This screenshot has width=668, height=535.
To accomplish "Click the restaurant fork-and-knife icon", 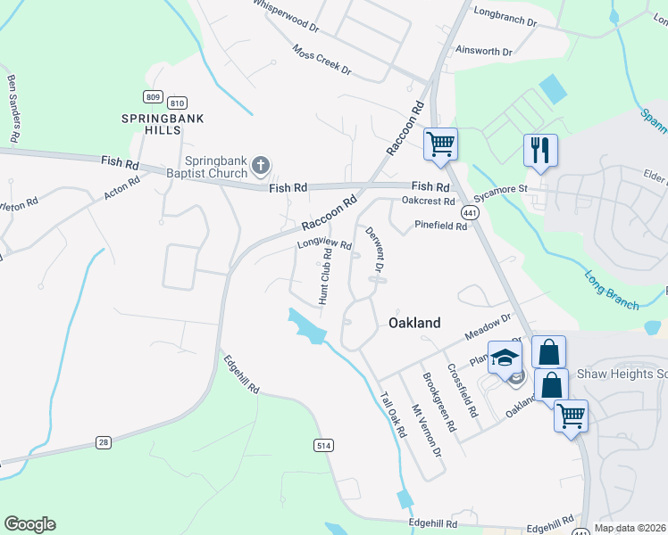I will click(540, 149).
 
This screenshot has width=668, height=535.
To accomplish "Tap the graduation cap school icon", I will click(505, 357).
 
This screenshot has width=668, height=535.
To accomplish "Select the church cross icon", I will click(261, 164).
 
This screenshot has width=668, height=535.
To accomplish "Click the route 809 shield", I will click(152, 96).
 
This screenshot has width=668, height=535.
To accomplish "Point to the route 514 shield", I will click(324, 444).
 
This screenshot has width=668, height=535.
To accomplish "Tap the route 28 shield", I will click(104, 443).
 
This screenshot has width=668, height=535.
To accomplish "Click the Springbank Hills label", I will click(151, 124).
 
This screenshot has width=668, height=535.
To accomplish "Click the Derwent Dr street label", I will click(374, 250).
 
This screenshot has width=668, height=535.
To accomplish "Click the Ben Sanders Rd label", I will click(13, 108).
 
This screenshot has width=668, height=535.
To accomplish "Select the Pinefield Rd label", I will click(440, 226).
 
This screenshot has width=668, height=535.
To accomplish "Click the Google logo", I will click(29, 524).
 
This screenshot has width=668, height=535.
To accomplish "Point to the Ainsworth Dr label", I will click(483, 52).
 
